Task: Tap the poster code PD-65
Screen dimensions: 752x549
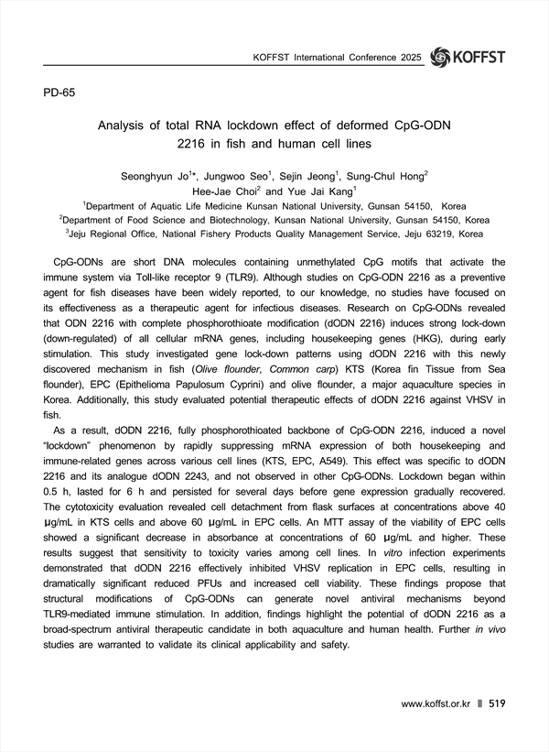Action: click(x=62, y=93)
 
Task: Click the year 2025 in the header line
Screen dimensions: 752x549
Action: click(x=409, y=59)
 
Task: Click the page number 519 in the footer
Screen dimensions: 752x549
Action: click(x=497, y=703)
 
